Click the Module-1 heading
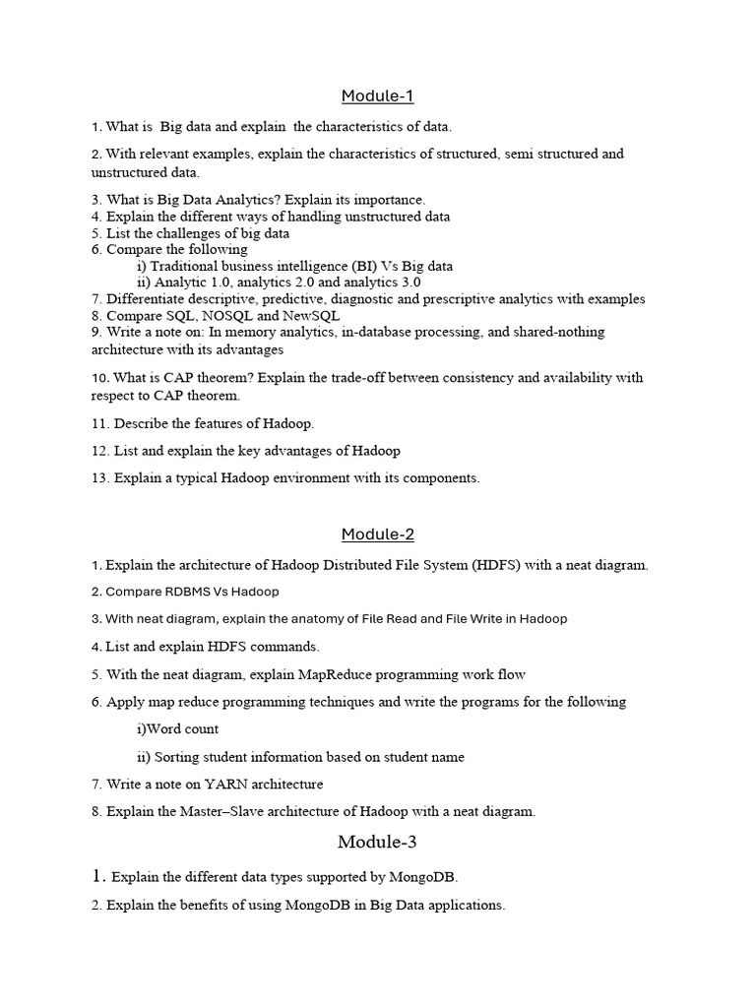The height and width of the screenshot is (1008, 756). point(377,95)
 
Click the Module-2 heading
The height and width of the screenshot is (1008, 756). point(377,535)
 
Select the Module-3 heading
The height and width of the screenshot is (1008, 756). point(377,842)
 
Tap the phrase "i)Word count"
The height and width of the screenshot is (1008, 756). point(177,729)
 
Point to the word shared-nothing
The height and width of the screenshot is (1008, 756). point(556,333)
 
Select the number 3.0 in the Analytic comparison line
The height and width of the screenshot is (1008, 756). point(409,283)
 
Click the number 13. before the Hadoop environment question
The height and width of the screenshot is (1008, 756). point(99,478)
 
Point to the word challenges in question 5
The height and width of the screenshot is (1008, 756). point(171,233)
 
